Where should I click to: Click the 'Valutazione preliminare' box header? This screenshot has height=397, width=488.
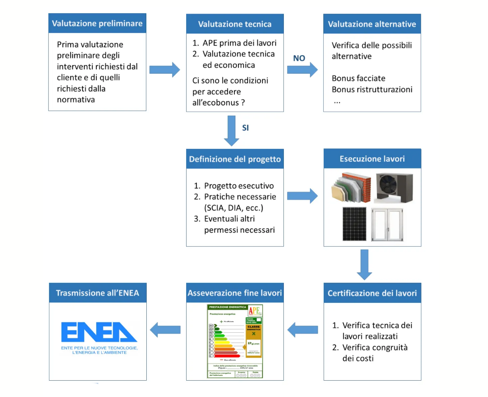tap(97, 23)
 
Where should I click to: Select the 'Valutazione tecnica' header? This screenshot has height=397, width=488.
tap(235, 24)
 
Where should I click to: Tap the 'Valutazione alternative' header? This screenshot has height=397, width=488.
tap(372, 24)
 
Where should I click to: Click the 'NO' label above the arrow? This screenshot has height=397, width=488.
tap(299, 58)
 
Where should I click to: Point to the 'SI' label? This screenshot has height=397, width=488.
tap(246, 128)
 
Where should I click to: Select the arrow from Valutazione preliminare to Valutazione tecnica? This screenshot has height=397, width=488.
tap(165, 70)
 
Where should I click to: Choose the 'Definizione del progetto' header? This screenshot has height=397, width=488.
tap(235, 159)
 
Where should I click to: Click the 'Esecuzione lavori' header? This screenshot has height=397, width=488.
tap(372, 159)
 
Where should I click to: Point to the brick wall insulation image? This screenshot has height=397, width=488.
tap(351, 188)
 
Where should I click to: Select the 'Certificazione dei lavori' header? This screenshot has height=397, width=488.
tap(372, 293)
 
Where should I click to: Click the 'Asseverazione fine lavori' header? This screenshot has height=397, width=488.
tap(235, 293)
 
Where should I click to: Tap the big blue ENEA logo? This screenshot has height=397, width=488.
tap(99, 332)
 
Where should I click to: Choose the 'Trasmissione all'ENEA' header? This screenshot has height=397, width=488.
tap(98, 293)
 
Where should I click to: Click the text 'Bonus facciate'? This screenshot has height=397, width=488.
tap(358, 78)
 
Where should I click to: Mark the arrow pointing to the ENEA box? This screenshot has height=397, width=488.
tap(165, 330)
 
